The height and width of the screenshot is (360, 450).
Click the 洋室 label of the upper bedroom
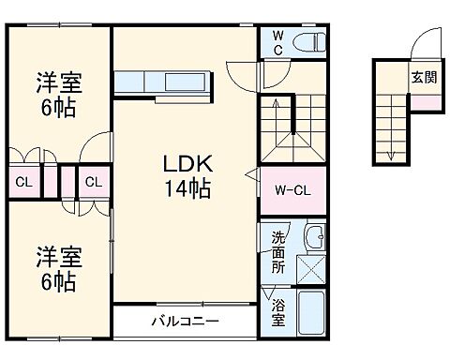59,82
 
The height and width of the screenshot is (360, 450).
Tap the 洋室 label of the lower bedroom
57,254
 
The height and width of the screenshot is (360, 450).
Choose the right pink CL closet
92,181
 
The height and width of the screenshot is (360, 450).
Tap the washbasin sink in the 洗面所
314,238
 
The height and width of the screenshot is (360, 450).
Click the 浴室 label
279,310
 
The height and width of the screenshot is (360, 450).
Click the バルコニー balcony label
186,322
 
